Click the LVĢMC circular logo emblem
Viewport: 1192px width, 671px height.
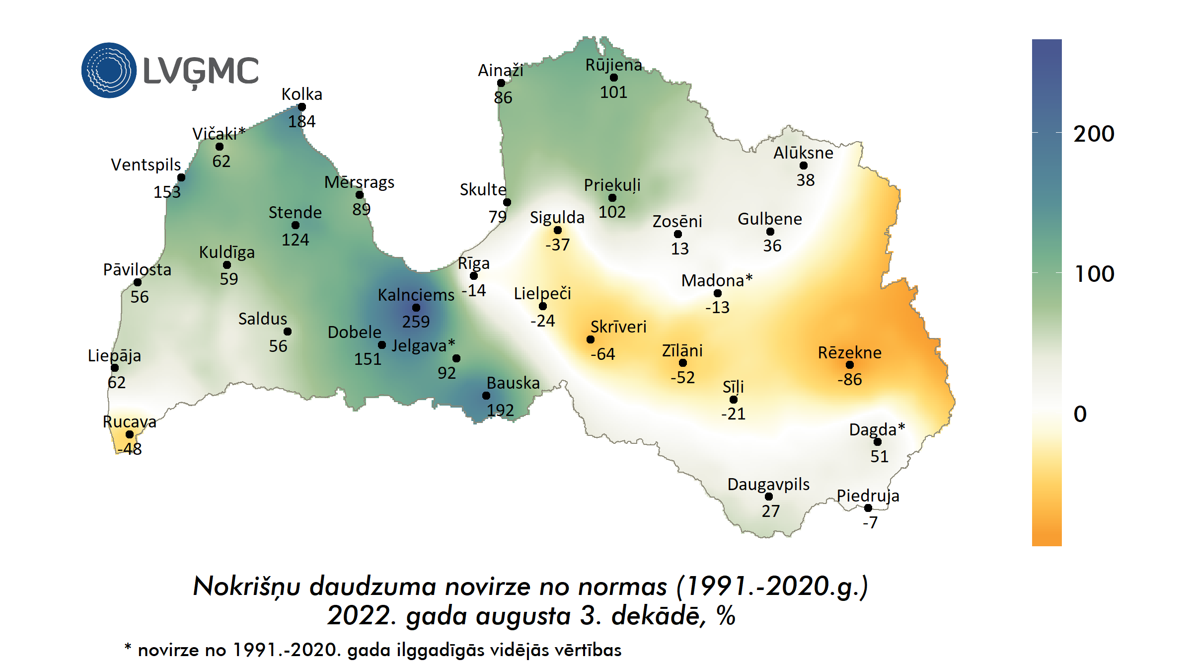[109, 70]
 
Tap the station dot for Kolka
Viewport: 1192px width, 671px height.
[302, 107]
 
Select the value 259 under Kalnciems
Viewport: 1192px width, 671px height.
[416, 322]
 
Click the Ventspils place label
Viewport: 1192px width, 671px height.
[146, 165]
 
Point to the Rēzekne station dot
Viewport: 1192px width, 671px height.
[850, 365]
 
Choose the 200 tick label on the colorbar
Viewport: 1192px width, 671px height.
[1094, 134]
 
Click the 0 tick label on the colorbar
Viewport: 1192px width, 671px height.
[1080, 414]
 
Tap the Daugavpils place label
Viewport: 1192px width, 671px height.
[768, 484]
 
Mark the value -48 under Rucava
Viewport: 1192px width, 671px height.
[130, 449]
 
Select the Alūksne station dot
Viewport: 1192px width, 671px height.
[804, 166]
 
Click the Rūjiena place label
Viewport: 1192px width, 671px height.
[613, 65]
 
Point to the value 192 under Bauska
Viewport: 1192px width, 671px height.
[500, 410]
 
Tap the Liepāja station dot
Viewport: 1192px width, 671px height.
[115, 368]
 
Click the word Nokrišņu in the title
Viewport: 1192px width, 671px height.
[246, 587]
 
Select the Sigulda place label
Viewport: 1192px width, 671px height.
[557, 217]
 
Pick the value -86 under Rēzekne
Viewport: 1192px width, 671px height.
[850, 379]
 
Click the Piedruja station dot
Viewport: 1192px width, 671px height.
[868, 508]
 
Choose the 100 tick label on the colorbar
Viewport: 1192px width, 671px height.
[1094, 274]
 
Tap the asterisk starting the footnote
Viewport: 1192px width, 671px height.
[128, 647]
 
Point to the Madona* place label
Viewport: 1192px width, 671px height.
[717, 280]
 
